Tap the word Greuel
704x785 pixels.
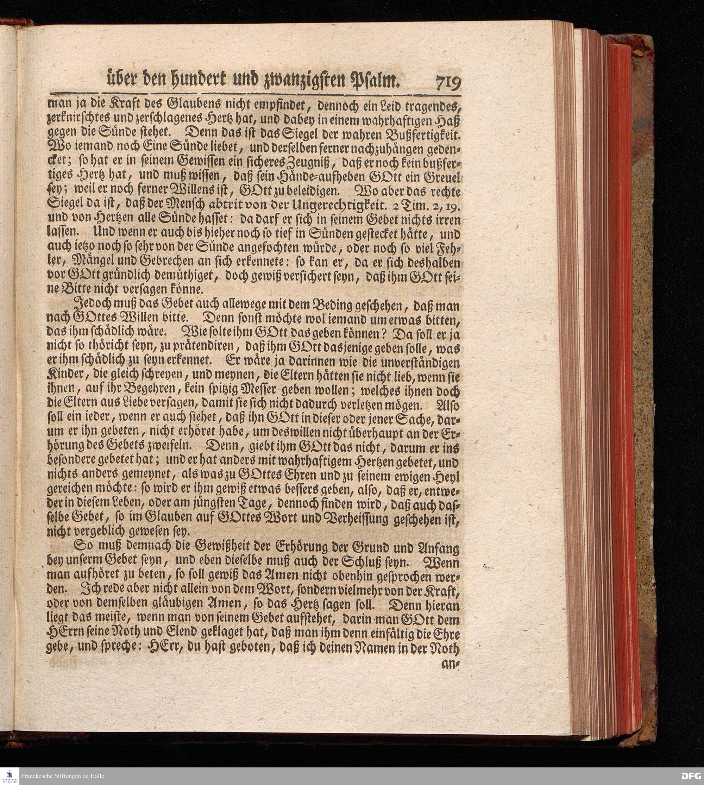click(445, 178)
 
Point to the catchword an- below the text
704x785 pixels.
click(451, 664)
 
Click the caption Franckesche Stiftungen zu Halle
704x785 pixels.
click(63, 776)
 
